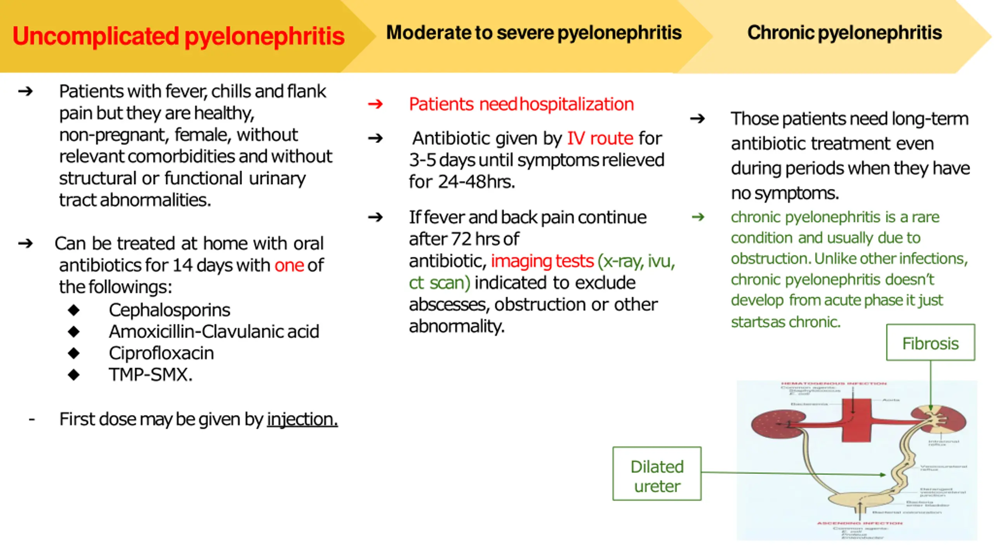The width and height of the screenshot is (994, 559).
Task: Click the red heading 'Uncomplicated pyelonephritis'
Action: pyautogui.click(x=178, y=36)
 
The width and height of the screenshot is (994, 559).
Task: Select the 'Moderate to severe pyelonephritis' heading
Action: pyautogui.click(x=533, y=33)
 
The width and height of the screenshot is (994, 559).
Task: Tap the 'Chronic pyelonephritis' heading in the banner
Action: pyautogui.click(x=844, y=33)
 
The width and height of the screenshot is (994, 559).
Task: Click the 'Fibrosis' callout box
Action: pyautogui.click(x=930, y=343)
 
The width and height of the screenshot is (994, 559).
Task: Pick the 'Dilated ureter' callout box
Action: pyautogui.click(x=657, y=476)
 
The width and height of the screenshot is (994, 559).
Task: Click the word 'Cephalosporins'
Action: pyautogui.click(x=169, y=310)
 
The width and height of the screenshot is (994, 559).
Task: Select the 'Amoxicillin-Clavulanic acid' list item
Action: pyautogui.click(x=214, y=332)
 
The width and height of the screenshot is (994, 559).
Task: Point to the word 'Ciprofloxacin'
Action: pyautogui.click(x=161, y=353)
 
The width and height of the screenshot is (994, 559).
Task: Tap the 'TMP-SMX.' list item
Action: pyautogui.click(x=150, y=375)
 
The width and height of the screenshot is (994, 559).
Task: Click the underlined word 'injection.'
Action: pyautogui.click(x=302, y=419)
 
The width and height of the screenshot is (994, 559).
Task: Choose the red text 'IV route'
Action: pyautogui.click(x=600, y=139)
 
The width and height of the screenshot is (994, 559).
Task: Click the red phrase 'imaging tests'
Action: pyautogui.click(x=542, y=261)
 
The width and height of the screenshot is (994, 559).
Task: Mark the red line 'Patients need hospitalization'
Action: pyautogui.click(x=521, y=104)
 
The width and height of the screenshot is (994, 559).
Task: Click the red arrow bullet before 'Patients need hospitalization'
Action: pyautogui.click(x=375, y=104)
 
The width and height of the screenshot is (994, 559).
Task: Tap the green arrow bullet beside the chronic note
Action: pyautogui.click(x=698, y=217)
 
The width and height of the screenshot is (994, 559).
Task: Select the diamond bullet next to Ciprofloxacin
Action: pyautogui.click(x=73, y=353)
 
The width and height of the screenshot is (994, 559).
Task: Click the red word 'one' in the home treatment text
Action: pyautogui.click(x=289, y=266)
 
